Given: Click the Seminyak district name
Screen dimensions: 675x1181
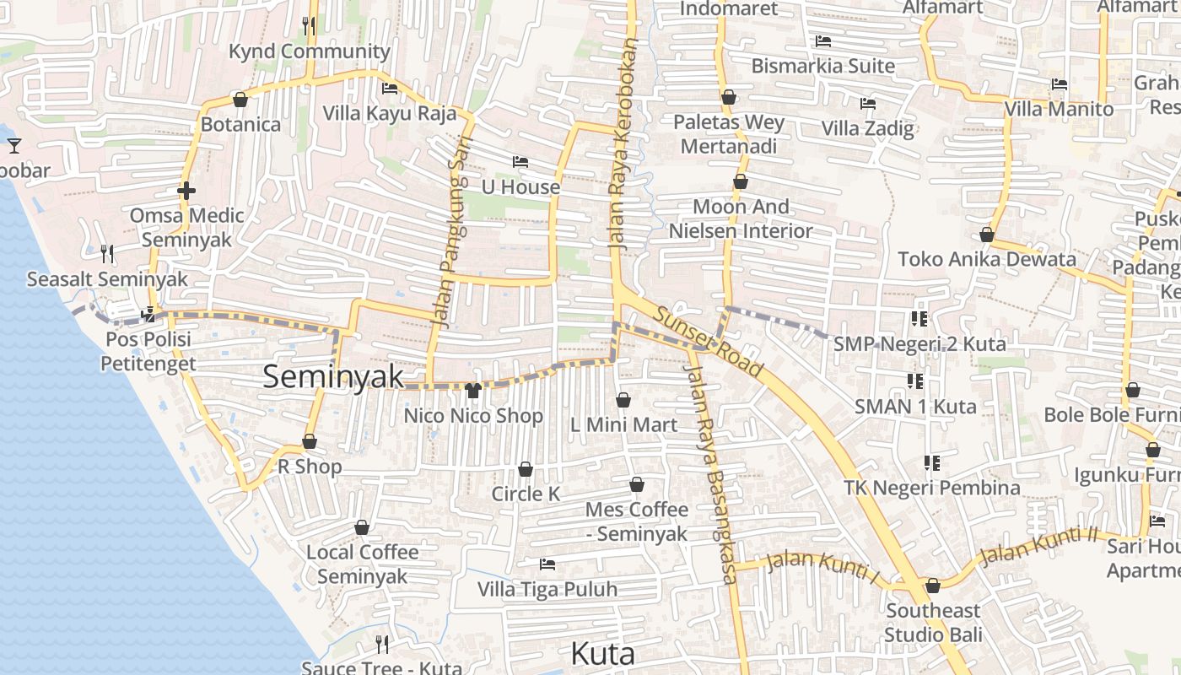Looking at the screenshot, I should pyautogui.click(x=333, y=376).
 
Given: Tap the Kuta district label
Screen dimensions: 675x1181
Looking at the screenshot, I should pyautogui.click(x=602, y=654).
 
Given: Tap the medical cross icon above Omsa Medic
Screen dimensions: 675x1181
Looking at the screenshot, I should pyautogui.click(x=186, y=191).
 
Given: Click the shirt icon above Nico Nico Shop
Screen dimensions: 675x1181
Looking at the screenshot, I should pyautogui.click(x=472, y=390).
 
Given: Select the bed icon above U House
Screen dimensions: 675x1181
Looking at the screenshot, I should pyautogui.click(x=520, y=161).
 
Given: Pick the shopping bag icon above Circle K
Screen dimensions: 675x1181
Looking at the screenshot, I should pyautogui.click(x=526, y=469).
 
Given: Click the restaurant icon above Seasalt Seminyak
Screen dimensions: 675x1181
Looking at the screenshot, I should pyautogui.click(x=107, y=253).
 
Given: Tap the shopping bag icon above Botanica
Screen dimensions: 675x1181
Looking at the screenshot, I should pyautogui.click(x=240, y=100).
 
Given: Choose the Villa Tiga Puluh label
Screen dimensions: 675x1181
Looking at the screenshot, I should pyautogui.click(x=547, y=589).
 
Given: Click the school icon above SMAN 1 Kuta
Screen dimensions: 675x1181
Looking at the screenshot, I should pyautogui.click(x=914, y=381).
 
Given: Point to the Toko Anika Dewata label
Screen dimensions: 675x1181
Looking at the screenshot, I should pyautogui.click(x=987, y=259).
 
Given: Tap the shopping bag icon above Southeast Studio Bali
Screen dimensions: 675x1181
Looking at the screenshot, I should pyautogui.click(x=933, y=586).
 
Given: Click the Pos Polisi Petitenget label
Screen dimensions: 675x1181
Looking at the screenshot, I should pyautogui.click(x=148, y=351).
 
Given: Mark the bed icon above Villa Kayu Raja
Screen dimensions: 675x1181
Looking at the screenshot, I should pyautogui.click(x=390, y=88).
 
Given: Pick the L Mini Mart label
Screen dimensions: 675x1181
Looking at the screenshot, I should pyautogui.click(x=623, y=424).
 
